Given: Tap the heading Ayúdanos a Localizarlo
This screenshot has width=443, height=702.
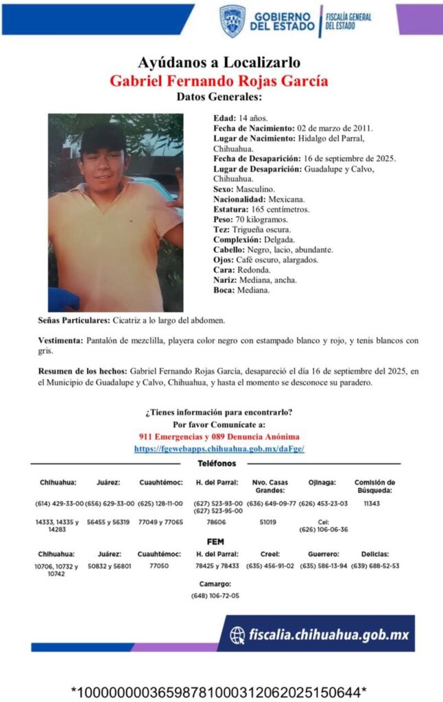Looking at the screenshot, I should pos(219,63).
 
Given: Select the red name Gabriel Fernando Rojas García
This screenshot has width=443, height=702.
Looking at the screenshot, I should pos(219,80).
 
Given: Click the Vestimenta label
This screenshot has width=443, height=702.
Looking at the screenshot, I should pos(60,341).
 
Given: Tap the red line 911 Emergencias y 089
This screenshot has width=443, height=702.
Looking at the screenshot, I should pos(219,436).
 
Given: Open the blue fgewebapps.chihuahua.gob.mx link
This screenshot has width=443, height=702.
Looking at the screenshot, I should pos(219,448).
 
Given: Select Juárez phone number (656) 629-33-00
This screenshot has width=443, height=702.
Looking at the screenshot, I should pos(110,504).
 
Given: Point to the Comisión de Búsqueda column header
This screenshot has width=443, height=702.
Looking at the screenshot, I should pos(374,486).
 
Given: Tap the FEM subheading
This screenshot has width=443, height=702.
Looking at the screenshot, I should pos(216,542).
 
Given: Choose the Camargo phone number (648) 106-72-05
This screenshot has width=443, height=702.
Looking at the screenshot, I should pos(215,596).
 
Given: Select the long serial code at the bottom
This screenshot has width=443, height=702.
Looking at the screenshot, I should pos(219,690).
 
